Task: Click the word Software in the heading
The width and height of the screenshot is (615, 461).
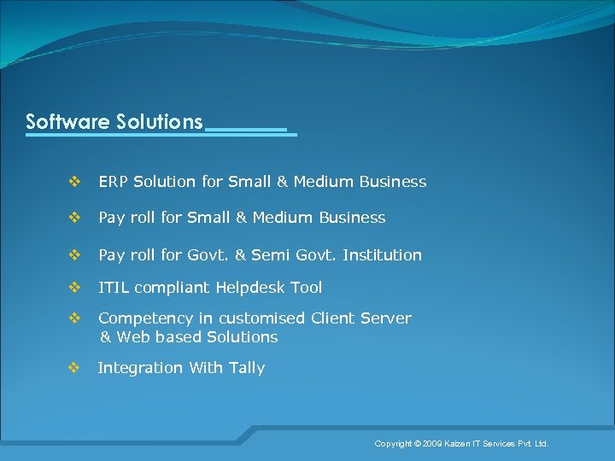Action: [67, 121]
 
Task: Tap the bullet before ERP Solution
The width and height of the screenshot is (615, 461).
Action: [74, 181]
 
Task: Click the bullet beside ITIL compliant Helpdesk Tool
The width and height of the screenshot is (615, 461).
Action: [74, 287]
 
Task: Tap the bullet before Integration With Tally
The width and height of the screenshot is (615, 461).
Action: [74, 367]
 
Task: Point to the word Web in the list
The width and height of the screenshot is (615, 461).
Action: [133, 337]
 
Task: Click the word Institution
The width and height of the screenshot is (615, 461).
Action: [383, 255]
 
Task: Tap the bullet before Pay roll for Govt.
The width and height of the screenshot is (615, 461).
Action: [74, 254]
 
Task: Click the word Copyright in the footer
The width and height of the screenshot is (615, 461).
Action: [393, 444]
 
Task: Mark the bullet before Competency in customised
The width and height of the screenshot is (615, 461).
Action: [74, 318]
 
